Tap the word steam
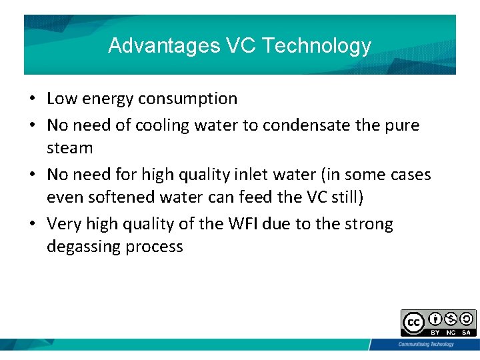69,147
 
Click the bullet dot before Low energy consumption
32,99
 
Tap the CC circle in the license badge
413,323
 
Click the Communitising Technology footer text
425,344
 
